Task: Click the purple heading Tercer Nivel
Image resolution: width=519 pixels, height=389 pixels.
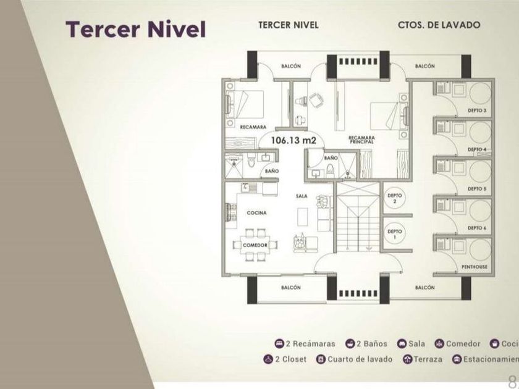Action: (135, 28)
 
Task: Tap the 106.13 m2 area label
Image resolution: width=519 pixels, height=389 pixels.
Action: (293, 141)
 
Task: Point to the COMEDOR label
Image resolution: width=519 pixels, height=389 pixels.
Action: (255, 245)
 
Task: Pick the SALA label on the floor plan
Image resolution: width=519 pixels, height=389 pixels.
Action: (302, 196)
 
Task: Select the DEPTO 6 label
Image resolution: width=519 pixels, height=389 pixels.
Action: (477, 228)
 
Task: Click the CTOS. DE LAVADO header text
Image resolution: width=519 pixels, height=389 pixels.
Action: (439, 25)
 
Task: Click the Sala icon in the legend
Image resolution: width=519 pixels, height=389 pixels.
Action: (402, 343)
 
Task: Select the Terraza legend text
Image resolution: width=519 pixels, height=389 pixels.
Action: (428, 359)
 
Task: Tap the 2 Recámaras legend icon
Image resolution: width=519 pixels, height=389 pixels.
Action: (279, 343)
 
